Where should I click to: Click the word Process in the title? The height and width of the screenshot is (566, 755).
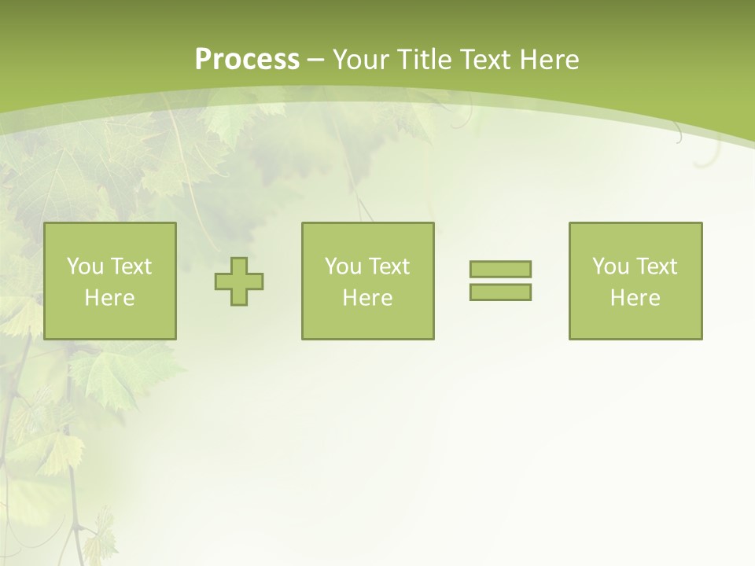pos(247,60)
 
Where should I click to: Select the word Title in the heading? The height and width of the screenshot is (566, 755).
pos(425,60)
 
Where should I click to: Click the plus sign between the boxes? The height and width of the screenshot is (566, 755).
pos(239,281)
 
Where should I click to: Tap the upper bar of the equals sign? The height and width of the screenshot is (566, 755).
pos(500,269)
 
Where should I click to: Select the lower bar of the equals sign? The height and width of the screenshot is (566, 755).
pos(500,292)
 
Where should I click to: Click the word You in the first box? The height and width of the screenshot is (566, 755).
pos(85,266)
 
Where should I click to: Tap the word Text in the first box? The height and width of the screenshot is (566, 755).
pos(131,266)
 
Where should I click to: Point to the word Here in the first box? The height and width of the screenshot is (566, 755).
pos(110,298)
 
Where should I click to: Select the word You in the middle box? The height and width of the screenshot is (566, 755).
pos(343,266)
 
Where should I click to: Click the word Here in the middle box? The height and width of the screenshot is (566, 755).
pos(368,298)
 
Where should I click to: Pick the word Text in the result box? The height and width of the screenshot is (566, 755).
pos(656,266)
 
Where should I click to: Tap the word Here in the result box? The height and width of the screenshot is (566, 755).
pos(635,298)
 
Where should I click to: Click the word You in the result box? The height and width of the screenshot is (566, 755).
pos(610,266)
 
